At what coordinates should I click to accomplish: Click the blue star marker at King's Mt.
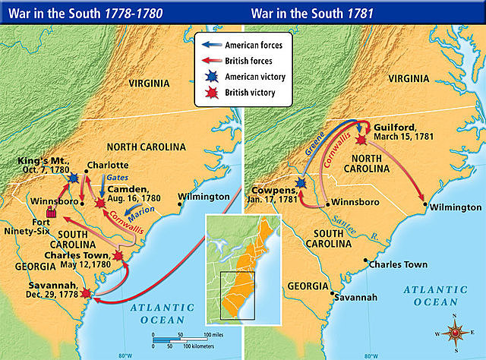click(x=74, y=177)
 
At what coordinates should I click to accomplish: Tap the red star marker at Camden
click(x=100, y=203)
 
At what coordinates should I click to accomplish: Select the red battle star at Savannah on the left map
click(x=85, y=293)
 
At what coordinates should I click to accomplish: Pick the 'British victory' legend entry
click(x=248, y=93)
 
